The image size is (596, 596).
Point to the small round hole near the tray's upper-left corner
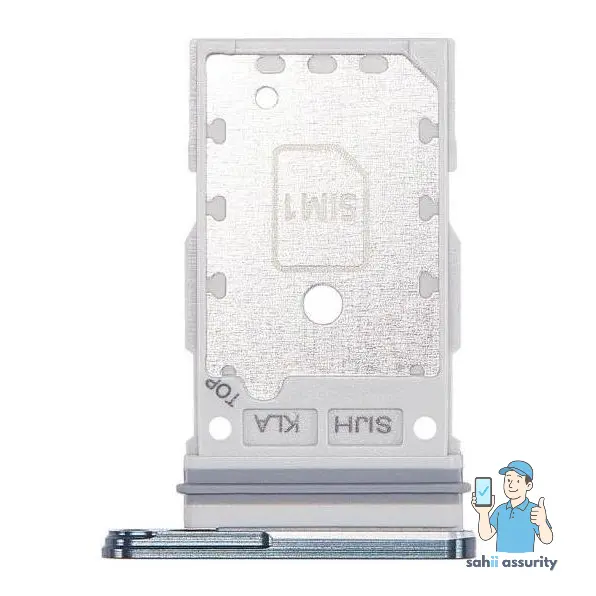click(265, 97)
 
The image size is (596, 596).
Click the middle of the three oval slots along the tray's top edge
click(319, 66)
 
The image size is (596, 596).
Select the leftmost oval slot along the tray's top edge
click(268, 66)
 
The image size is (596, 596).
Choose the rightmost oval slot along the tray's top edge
click(371, 66)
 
